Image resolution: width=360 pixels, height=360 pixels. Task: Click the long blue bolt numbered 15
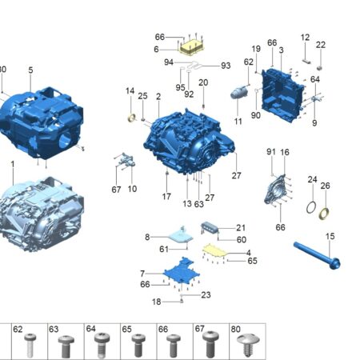click(x=317, y=255)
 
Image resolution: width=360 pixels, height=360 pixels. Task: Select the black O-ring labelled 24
click(x=311, y=207)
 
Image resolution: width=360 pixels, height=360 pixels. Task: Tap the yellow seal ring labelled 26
click(x=324, y=214)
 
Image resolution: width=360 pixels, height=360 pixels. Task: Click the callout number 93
click(x=226, y=66)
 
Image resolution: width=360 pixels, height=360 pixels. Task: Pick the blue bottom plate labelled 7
click(x=182, y=270)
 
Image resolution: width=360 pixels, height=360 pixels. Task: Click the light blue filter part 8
click(x=181, y=236)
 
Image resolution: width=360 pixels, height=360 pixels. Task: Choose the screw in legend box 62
click(x=30, y=345)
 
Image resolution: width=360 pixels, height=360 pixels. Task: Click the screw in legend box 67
click(x=210, y=344)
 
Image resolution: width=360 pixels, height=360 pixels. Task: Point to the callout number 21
click(x=241, y=228)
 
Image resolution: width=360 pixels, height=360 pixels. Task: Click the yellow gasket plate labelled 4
click(x=214, y=250)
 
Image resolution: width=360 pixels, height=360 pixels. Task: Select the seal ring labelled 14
click(x=132, y=118)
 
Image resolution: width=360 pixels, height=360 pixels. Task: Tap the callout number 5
click(x=30, y=70)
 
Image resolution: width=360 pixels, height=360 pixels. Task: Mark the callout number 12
click(x=305, y=38)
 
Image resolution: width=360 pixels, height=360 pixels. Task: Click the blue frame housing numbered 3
click(x=282, y=95)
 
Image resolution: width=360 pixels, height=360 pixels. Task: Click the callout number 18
click(x=157, y=302)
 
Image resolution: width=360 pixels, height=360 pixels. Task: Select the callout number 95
click(x=180, y=87)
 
